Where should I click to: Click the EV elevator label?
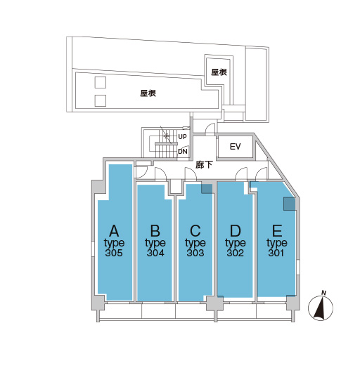[235, 147]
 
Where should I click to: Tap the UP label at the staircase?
[182, 137]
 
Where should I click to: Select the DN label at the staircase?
[182, 152]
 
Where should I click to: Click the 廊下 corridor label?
[204, 165]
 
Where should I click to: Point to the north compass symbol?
[320, 306]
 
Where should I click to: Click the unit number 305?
[114, 253]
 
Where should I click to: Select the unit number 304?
[155, 253]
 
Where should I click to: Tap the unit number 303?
[195, 253]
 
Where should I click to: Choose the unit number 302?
[235, 253]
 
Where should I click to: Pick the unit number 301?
[276, 253]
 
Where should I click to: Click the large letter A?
[114, 231]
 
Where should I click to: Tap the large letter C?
[195, 231]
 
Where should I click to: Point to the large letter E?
[277, 231]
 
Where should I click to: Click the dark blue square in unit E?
[290, 204]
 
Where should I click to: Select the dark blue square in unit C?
[207, 189]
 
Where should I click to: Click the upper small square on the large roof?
[101, 82]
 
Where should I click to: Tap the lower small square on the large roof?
[101, 100]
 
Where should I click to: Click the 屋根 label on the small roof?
[219, 72]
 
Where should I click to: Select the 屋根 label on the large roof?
[148, 93]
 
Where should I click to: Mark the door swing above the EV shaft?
[210, 129]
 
